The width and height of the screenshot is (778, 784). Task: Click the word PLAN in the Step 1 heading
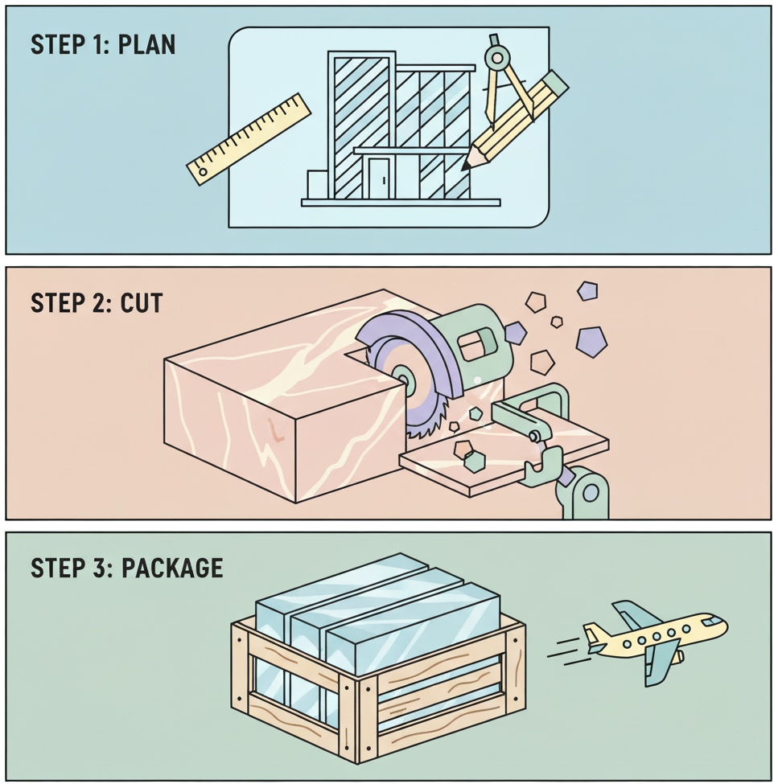[x=146, y=45]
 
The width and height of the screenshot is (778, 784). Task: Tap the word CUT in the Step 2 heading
[x=142, y=303]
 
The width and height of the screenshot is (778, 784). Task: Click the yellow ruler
[x=249, y=138]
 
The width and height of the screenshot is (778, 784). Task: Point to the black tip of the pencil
[x=465, y=166]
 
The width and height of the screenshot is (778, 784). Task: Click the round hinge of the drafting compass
[x=497, y=56]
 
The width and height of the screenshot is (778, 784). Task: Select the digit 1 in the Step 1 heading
[x=98, y=45]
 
